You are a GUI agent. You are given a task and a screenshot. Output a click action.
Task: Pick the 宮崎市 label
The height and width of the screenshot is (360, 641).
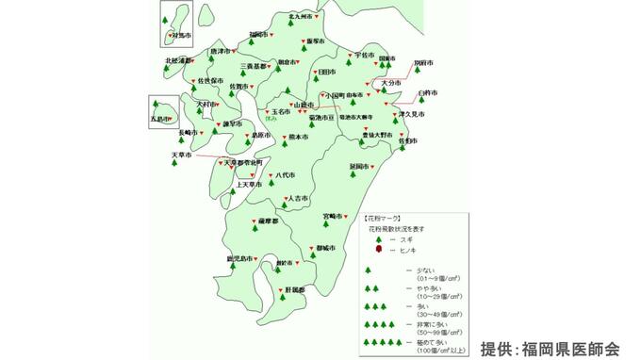point(334,216)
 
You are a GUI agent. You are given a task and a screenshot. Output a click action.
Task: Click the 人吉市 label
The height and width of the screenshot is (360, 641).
point(297,199)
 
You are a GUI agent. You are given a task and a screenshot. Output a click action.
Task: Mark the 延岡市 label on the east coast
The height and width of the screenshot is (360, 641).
point(359,166)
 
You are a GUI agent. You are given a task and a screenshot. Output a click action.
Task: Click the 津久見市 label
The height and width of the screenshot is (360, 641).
point(412,114)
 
